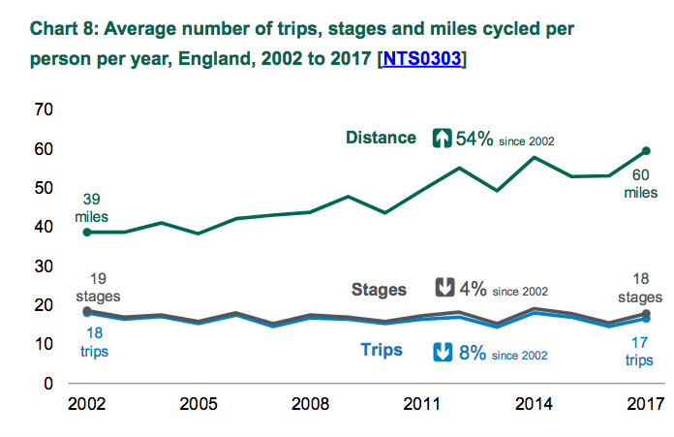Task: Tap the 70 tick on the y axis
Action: pos(43,110)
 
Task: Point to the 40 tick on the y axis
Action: pos(43,227)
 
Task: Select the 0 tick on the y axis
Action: pos(47,383)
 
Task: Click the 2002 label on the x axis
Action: pos(87,403)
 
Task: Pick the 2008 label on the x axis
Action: pos(310,403)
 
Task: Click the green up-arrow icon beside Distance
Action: pos(442,139)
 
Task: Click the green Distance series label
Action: pos(381,139)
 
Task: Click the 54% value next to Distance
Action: pos(475,139)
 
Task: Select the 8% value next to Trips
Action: pos(472,353)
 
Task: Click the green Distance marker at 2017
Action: pos(646,151)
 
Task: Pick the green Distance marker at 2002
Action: pos(87,233)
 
